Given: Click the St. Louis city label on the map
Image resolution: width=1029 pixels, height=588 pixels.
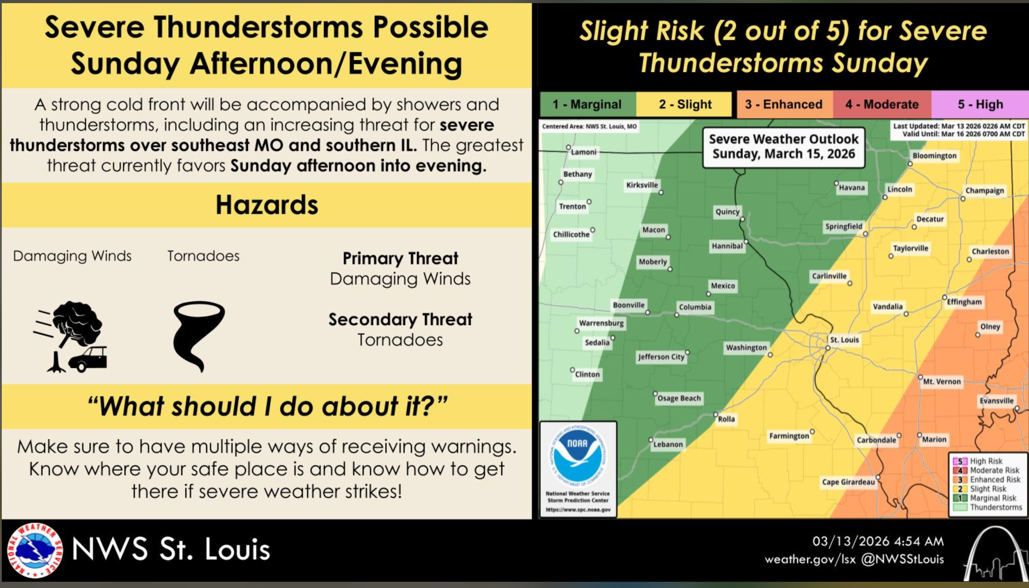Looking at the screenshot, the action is tap(844, 340).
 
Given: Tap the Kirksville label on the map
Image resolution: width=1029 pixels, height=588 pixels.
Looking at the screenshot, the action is tap(642, 185).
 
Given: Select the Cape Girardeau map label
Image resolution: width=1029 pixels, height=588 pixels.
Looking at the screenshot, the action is tap(848, 482).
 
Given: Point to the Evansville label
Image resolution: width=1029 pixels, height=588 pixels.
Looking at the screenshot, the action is tap(996, 400).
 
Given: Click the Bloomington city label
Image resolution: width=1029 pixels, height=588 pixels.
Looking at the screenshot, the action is tap(934, 155).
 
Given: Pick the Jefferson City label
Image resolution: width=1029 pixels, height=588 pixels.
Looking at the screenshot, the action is tap(661, 357).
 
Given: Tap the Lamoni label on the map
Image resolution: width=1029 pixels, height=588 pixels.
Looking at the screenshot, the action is tap(584, 152).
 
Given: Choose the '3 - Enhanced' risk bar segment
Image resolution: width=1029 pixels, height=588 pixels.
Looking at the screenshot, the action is tap(784, 104).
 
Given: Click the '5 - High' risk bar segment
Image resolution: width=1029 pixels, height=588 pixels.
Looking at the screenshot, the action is tap(980, 104).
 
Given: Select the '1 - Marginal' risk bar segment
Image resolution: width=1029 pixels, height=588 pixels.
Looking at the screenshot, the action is tap(588, 104).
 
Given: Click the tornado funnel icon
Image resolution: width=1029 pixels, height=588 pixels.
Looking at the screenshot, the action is tap(199, 336).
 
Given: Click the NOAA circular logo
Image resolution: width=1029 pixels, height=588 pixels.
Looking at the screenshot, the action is tap(578, 455).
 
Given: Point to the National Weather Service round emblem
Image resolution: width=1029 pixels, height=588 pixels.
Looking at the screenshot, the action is tap(35, 550).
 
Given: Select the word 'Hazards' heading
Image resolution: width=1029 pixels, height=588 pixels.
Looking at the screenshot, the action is tap(267, 205).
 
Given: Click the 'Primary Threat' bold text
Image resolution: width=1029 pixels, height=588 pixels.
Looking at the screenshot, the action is tap(400, 259).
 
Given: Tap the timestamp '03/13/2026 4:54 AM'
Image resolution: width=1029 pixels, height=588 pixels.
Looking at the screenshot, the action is tap(878, 541).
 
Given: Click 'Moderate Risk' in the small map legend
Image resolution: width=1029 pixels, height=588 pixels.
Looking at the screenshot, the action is tap(995, 470).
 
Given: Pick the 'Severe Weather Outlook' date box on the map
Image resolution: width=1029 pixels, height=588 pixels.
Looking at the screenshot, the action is tap(784, 147).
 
